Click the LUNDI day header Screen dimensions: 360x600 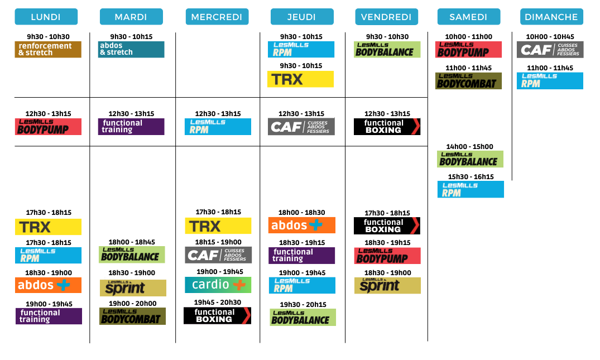point(46,17)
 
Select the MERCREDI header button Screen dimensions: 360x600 point(217,17)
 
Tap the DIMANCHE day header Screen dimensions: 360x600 point(551,17)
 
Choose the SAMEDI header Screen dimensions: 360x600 point(468,17)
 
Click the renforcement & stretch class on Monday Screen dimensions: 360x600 point(48,50)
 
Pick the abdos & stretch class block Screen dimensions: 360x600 point(131,49)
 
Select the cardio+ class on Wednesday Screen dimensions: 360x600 point(218,285)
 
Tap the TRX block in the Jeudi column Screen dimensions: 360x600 point(300,79)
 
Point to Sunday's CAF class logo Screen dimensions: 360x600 point(550,50)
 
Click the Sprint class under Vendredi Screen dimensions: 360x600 point(387,286)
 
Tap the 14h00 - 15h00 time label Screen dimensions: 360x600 point(470,147)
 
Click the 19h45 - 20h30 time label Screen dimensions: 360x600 point(217,302)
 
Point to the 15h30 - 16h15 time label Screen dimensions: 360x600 point(471,177)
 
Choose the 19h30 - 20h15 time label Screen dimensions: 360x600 point(303,305)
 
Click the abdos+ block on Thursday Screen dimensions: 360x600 point(301,225)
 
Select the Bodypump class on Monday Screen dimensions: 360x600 point(48,127)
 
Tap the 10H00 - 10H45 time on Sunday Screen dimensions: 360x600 point(550,37)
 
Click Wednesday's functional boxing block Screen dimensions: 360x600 point(217,316)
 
